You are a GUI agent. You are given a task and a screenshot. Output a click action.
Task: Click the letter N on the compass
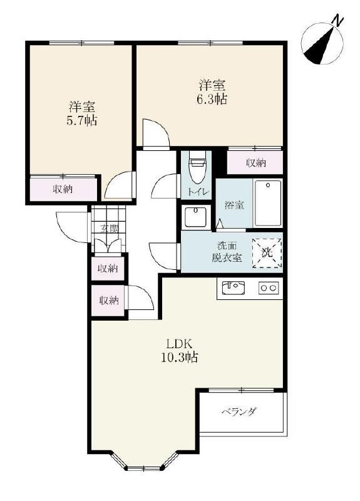click(x=338, y=21)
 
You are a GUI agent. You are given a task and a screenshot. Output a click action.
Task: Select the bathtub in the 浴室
click(x=268, y=204)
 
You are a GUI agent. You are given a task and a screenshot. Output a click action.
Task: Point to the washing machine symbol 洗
click(x=267, y=253)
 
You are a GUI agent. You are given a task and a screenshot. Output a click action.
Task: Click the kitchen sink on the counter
click(x=233, y=288)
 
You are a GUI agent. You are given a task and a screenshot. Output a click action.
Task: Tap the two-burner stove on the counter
click(x=269, y=288)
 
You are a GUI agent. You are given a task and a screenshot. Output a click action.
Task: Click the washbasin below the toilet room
click(x=196, y=217)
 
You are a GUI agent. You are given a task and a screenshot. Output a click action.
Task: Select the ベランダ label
click(x=239, y=411)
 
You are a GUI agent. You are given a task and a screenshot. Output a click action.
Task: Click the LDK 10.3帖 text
click(x=179, y=351)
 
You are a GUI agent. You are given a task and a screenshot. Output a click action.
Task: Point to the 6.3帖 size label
click(x=212, y=99)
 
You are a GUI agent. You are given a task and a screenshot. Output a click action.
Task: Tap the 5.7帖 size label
click(x=82, y=120)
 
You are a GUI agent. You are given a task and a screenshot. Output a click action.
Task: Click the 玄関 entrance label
click(x=109, y=229)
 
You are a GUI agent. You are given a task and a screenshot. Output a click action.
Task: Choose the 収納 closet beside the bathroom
click(x=255, y=163)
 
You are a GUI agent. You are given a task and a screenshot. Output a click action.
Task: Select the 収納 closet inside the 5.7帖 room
click(x=64, y=189)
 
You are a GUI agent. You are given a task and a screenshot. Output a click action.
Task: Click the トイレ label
click(x=198, y=192)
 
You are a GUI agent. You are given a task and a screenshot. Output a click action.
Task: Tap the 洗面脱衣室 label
click(x=227, y=252)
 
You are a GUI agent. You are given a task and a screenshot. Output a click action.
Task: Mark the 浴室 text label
click(x=234, y=205)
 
